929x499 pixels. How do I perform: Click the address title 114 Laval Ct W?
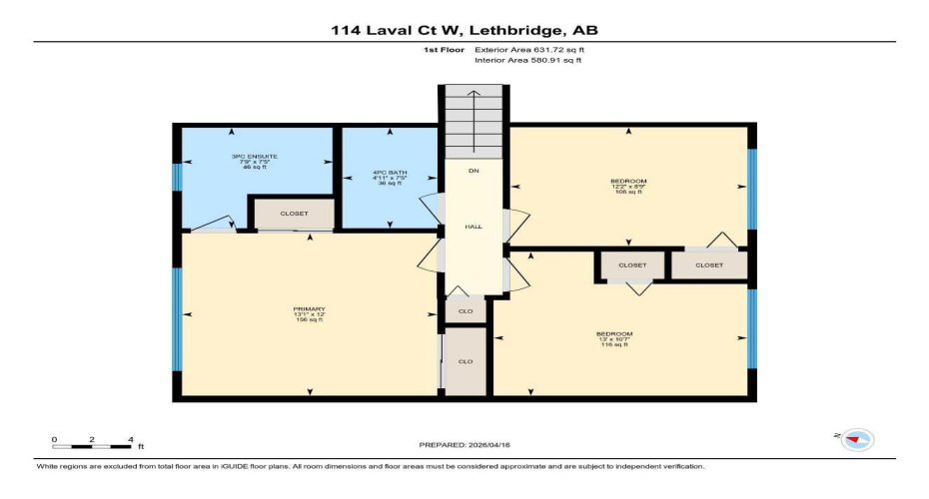click(464, 30)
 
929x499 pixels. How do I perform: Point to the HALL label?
click(473, 227)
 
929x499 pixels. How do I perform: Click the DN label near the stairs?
click(473, 171)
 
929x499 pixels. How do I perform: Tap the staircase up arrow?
click(473, 110)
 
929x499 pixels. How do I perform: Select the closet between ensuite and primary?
click(294, 214)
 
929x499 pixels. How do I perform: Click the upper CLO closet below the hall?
click(465, 310)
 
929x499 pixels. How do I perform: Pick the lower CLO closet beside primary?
click(465, 361)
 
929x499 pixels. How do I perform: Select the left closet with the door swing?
click(632, 265)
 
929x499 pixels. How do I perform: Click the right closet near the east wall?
click(708, 265)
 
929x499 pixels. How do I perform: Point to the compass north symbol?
click(857, 439)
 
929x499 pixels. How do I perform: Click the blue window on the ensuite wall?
click(176, 177)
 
